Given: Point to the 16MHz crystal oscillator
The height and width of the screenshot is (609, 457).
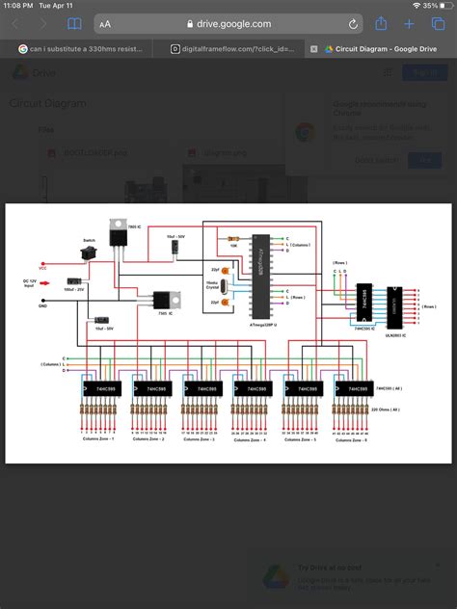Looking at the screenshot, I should click(x=224, y=286).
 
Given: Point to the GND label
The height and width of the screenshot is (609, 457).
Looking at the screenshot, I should click(x=42, y=304).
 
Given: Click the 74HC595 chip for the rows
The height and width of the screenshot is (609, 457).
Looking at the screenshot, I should click(x=364, y=301).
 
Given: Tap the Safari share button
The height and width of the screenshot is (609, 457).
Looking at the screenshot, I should click(x=381, y=23).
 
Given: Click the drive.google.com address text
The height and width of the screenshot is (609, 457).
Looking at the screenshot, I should click(x=228, y=23).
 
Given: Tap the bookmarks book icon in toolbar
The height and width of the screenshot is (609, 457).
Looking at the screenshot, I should click(x=74, y=23).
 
